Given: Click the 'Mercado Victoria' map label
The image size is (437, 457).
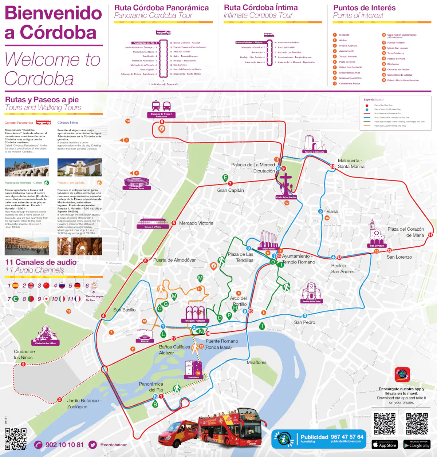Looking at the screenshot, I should (196, 223).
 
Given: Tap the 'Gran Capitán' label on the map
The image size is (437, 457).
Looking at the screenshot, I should (231, 190).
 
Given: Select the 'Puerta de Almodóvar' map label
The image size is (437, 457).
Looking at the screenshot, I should (174, 260).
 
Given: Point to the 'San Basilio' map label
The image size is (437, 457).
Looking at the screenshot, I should (124, 310).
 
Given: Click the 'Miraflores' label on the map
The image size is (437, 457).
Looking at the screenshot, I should (256, 362).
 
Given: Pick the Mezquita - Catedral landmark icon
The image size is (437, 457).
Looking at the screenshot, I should (195, 313).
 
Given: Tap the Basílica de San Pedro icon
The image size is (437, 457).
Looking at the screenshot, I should (311, 292).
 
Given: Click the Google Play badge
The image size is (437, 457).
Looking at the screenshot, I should (417, 445).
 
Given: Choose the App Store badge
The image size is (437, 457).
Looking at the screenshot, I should (384, 445).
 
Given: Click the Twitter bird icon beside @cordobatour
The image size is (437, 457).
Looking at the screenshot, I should (93, 445).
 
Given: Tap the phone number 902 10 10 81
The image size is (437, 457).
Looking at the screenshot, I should (64, 445).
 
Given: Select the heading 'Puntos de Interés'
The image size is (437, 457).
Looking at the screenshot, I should (364, 8).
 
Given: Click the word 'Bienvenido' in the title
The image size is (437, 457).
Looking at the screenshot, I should (53, 13).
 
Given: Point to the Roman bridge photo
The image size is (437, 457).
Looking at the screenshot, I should (27, 168).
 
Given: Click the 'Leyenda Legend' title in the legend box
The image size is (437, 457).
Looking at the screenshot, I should (373, 99).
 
